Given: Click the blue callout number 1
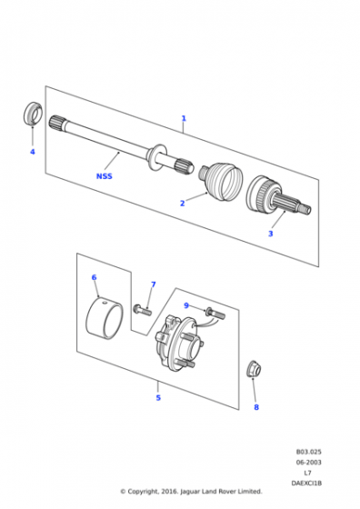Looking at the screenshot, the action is pos(184,118).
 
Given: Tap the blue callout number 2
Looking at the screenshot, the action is pos(183,204).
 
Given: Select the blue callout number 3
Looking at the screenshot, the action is pos(270,234).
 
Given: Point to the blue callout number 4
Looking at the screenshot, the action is pos(33,152).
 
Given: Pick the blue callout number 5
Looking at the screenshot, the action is pos(158,398).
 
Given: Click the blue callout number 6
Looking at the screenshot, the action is pos(95,277).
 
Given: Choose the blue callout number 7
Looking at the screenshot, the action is pos(154,284).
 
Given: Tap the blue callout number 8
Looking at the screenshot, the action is pos(256,407).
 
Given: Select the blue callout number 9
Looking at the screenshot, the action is pos(186,305).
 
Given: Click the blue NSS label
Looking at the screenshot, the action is pos(105,176).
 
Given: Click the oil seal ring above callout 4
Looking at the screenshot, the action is pos(33,113).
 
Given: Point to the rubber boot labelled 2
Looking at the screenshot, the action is pos(222,181).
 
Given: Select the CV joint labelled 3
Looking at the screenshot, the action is pos(278,195).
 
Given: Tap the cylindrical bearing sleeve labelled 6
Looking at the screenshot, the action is pos(105,317).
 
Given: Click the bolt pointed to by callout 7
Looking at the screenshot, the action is pos(142,309).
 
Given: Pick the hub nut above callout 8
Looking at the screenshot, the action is pos(254,369).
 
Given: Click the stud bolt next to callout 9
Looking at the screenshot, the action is pos(215,313).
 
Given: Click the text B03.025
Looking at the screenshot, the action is pos(308,452).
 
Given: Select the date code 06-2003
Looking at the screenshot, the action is pos(308,463).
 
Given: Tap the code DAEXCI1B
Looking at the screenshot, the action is pos(306,484).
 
